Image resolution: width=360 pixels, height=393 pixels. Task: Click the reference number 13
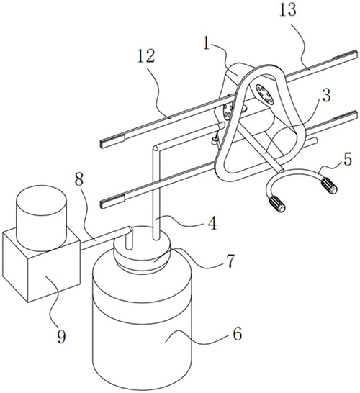[287, 10]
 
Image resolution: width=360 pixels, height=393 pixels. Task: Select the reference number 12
[146, 55]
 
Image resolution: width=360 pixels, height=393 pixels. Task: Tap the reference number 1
[207, 42]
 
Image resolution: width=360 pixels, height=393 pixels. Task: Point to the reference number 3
[326, 95]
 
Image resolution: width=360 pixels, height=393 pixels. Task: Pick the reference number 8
[79, 179]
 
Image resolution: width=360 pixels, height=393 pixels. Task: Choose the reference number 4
[212, 223]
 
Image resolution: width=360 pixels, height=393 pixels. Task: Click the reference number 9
[61, 336]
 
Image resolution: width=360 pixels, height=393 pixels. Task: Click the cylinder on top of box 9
[41, 217]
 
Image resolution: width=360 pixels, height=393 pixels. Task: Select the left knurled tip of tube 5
[276, 204]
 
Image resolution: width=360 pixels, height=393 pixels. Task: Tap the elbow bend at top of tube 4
[157, 148]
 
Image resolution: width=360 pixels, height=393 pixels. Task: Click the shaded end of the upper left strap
[112, 142]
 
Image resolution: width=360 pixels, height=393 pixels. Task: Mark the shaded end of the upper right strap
[344, 55]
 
